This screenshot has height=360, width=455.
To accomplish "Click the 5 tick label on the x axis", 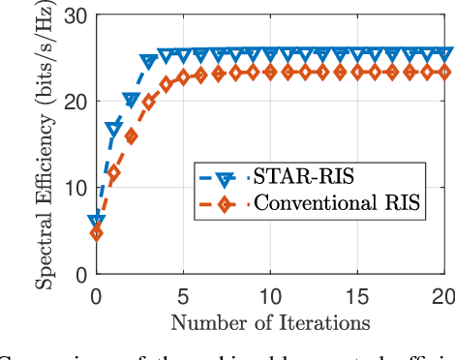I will click(x=183, y=294).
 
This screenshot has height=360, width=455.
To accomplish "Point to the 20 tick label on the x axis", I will click(x=444, y=294).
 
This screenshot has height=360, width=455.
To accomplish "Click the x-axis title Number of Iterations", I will click(x=270, y=320).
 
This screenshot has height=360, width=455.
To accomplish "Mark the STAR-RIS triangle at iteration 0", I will click(x=96, y=222).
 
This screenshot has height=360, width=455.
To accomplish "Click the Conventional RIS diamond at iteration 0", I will click(x=96, y=233).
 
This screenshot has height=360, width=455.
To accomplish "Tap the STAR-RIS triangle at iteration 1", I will click(x=113, y=129).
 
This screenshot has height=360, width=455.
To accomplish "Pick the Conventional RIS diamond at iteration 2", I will click(x=131, y=137).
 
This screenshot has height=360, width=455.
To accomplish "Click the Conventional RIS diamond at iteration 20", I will click(x=446, y=72).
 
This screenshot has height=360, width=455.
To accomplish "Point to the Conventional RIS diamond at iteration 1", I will click(x=113, y=174).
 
